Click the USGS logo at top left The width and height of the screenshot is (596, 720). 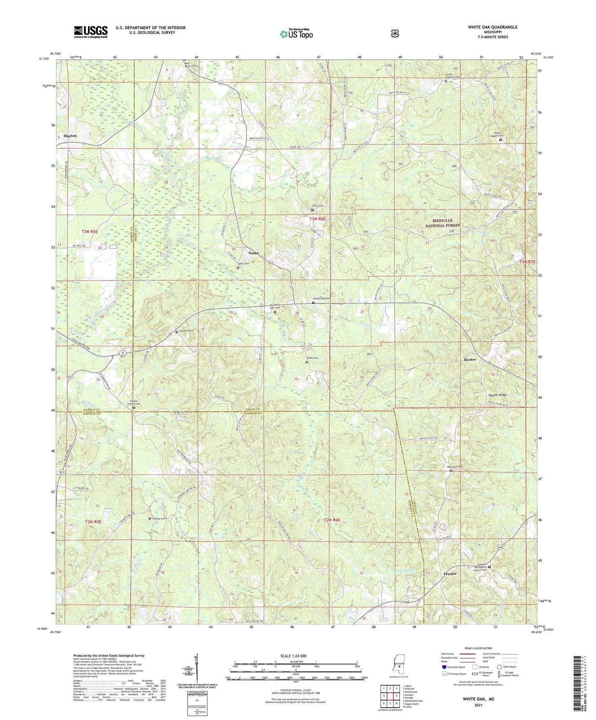(x=91, y=32)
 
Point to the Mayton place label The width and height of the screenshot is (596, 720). (x=70, y=136)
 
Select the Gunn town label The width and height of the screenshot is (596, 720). (x=253, y=253)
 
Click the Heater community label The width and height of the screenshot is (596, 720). (x=470, y=360)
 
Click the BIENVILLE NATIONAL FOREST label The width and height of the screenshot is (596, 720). (x=442, y=224)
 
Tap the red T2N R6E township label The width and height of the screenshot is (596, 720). (x=332, y=520)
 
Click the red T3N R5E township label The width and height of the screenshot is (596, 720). (x=90, y=232)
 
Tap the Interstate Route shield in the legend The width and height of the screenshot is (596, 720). (x=444, y=667)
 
